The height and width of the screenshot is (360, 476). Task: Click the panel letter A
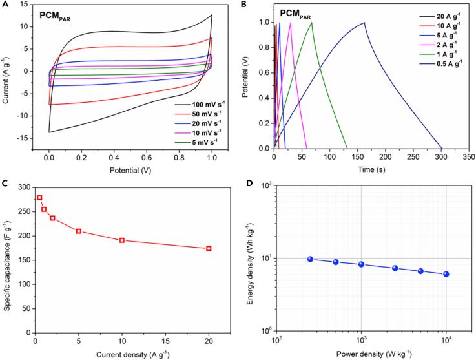5,5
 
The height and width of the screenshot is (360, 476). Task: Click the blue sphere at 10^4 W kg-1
446,274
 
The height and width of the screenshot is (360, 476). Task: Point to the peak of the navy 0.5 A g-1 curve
364,23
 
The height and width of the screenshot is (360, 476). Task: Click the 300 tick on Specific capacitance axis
23,187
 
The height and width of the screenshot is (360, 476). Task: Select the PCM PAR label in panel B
299,13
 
